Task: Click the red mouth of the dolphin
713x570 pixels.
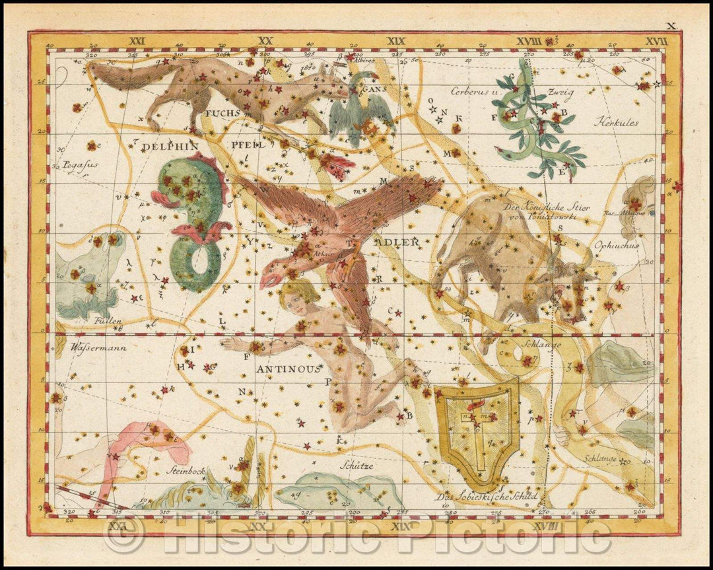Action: click(x=161, y=197)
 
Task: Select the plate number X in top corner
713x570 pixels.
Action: click(x=671, y=26)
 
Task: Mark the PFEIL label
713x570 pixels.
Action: click(x=248, y=145)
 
